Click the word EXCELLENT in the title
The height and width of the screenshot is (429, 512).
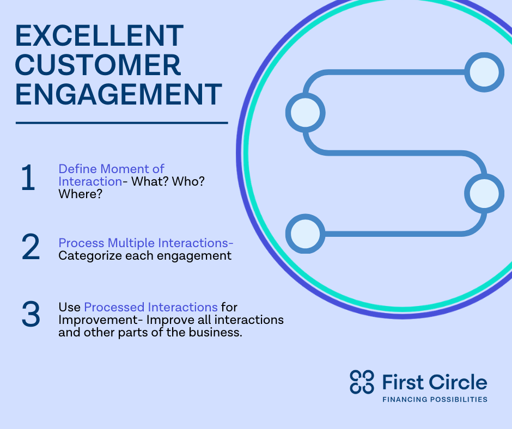(99, 35)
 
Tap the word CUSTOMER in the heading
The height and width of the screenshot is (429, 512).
(98, 65)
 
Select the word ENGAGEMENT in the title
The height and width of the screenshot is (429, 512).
(119, 94)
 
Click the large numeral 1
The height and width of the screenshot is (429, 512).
(28, 178)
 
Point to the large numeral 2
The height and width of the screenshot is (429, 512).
(31, 247)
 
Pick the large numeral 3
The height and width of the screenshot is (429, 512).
(31, 314)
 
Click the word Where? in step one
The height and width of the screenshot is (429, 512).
(80, 194)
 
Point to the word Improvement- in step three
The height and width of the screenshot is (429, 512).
(101, 320)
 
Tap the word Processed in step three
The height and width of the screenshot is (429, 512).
(114, 307)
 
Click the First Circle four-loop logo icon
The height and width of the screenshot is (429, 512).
(362, 382)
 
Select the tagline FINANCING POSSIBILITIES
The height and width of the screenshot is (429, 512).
(435, 399)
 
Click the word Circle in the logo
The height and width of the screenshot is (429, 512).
(458, 382)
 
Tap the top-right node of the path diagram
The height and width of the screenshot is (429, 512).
(484, 72)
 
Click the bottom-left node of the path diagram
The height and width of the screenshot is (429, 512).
(306, 234)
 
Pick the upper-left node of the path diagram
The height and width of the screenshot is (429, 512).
(306, 113)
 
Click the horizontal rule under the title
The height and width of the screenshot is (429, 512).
(122, 123)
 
